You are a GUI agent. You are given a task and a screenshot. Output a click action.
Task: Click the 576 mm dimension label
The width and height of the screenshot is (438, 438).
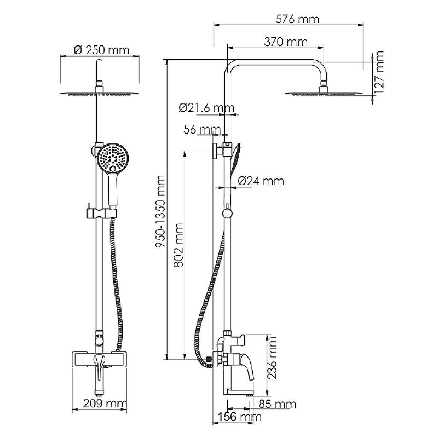[x=297, y=19]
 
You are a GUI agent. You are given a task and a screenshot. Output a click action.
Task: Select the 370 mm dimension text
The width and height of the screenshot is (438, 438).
[x=285, y=42]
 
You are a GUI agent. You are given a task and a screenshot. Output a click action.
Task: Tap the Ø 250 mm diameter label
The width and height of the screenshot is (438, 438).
[x=101, y=50]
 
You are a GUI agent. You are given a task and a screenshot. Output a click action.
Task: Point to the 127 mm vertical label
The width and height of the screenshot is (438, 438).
[x=379, y=72]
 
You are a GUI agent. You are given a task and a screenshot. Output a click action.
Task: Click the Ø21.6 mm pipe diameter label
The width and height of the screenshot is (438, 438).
[x=206, y=107]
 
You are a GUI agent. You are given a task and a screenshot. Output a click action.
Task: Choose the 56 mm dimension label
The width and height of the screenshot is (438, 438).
[x=202, y=129]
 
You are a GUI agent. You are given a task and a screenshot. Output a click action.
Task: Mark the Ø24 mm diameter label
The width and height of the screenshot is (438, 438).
[x=261, y=181]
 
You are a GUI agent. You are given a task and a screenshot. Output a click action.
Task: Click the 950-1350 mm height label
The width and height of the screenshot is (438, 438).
[x=160, y=211]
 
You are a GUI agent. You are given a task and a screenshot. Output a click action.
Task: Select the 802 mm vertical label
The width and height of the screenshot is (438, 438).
[x=178, y=245]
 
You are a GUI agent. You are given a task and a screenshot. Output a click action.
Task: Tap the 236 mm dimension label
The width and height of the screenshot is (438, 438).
[x=272, y=358]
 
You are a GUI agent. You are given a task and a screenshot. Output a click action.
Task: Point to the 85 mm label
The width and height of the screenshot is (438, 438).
[x=277, y=404]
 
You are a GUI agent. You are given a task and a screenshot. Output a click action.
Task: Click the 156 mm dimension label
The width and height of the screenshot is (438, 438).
[x=240, y=417]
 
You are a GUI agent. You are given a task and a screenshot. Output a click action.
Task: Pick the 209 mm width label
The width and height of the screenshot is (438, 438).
[x=105, y=404]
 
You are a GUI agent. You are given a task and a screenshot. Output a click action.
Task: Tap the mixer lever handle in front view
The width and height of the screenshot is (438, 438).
[x=99, y=366]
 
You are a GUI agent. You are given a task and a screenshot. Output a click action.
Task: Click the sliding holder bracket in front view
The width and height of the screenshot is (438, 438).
[x=100, y=213]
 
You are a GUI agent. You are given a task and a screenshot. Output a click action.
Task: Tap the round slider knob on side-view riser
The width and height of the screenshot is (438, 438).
[x=228, y=214]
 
